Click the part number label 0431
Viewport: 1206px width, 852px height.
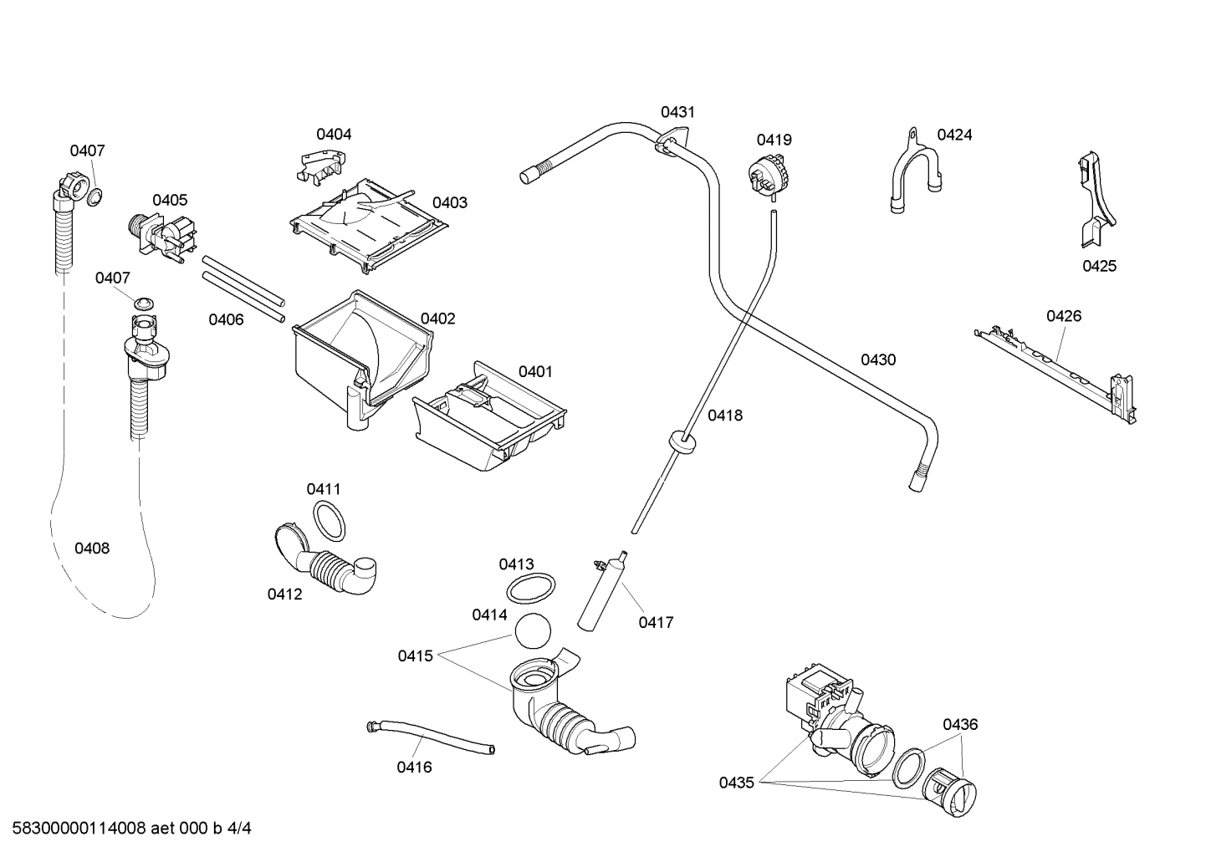point(677,112)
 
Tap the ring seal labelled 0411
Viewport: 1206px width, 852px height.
point(329,522)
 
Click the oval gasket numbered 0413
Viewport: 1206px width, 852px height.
point(530,588)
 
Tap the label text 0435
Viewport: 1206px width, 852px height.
point(736,783)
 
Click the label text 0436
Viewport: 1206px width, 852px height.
point(960,725)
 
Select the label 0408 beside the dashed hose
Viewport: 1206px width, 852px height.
point(92,548)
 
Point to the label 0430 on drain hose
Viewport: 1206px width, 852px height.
point(878,360)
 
